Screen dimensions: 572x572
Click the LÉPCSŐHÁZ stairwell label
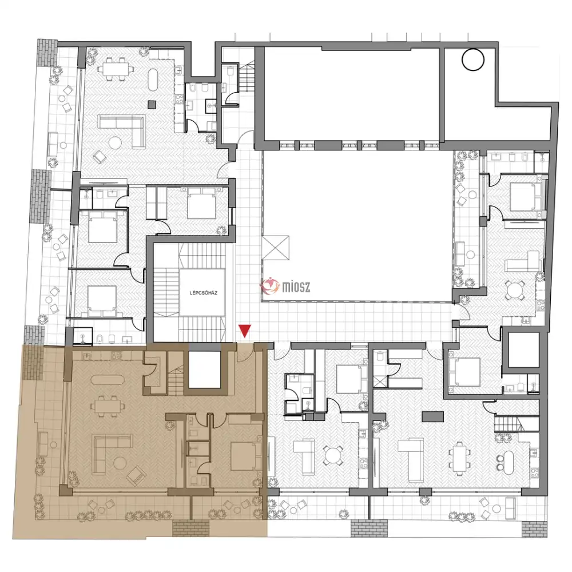click(x=204, y=292)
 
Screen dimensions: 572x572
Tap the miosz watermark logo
click(x=285, y=286)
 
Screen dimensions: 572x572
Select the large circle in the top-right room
click(x=473, y=59)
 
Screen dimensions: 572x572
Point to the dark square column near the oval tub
click(x=152, y=104)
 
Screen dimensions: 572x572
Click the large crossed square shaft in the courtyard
click(x=276, y=248)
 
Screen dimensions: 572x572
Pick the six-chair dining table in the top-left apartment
click(x=113, y=69)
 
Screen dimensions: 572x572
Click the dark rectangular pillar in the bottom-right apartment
click(x=432, y=416)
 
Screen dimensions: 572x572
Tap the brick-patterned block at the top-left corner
click(x=47, y=53)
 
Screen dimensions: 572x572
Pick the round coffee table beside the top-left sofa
click(x=116, y=142)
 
